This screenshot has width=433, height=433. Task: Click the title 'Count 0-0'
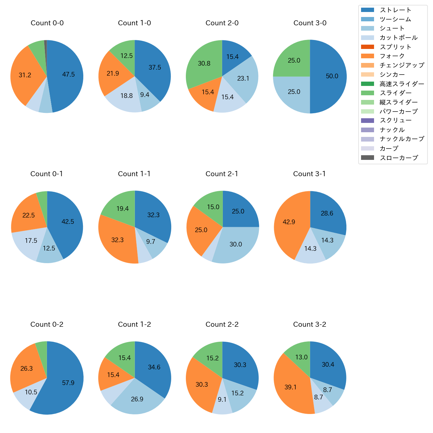coord(47,23)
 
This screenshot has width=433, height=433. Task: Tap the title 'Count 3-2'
coord(309,324)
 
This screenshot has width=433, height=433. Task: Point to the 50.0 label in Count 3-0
coord(332,76)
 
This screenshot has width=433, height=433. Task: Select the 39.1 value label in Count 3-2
coord(290,387)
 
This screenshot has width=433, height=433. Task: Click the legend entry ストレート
coord(395,10)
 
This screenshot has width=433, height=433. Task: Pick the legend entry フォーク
coord(392,56)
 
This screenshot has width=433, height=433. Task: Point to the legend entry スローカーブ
coord(399,158)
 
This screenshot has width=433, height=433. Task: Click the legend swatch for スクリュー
coord(367,121)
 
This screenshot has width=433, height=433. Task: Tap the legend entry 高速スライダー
coord(402,84)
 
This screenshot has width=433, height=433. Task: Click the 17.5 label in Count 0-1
coord(31,240)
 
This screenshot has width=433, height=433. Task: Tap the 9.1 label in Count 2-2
coord(222,399)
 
